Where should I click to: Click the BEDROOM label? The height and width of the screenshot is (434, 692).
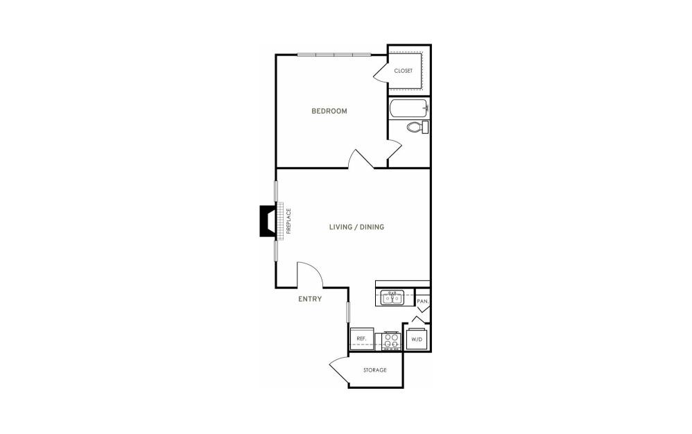(329, 111)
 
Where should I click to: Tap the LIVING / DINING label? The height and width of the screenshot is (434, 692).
(356, 227)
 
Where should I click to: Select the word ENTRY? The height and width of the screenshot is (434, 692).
(310, 299)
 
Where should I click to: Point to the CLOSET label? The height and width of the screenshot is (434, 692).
(404, 71)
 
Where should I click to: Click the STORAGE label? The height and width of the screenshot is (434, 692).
(374, 370)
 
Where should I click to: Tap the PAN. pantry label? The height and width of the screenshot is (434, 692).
(423, 302)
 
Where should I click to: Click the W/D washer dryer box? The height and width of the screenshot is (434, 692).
(417, 339)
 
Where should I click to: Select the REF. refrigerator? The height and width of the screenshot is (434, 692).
(363, 339)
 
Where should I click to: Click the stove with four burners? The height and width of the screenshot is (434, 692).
(390, 341)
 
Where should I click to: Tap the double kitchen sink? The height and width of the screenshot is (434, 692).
(392, 298)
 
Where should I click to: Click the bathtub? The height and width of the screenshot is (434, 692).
(408, 108)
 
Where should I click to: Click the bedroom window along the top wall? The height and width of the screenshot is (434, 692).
(334, 55)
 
